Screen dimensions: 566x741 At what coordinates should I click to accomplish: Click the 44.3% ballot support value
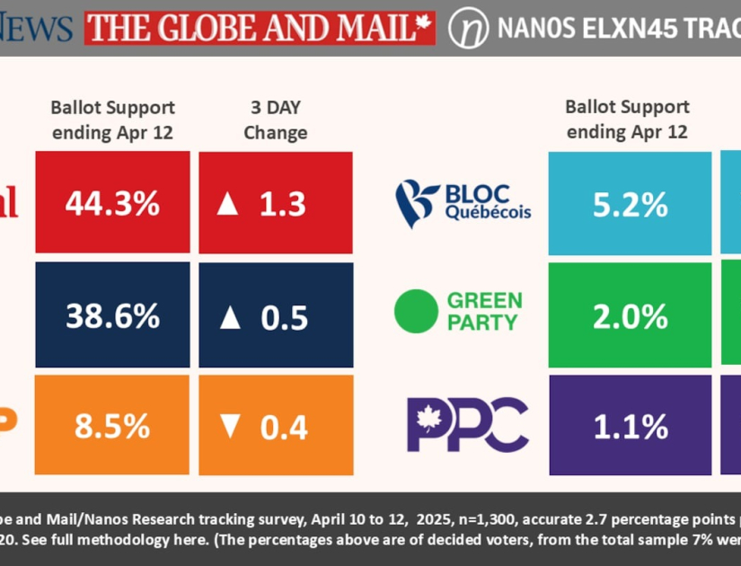click(x=112, y=203)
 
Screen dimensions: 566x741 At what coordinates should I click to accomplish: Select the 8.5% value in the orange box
click(x=112, y=425)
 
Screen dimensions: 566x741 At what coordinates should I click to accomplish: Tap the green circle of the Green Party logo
click(x=416, y=310)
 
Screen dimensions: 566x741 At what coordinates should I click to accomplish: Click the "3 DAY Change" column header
click(x=276, y=119)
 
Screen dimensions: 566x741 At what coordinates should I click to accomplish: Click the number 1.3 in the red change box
click(x=284, y=204)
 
